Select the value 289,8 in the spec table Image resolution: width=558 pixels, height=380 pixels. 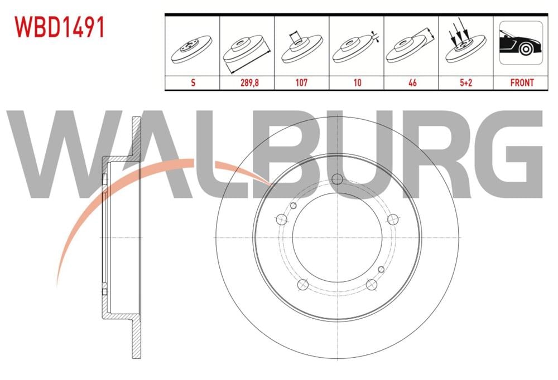[248, 82]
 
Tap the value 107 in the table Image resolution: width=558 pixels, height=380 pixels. [302, 82]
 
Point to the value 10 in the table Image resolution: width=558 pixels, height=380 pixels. [357, 82]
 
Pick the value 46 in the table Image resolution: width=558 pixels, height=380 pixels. [412, 82]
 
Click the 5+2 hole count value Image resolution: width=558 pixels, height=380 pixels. [466, 82]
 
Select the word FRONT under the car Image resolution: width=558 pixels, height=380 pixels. [522, 82]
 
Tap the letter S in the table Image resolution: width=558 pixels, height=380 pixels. [193, 82]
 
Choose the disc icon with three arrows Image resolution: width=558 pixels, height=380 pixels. [466, 45]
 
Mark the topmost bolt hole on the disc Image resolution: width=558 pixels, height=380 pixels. [336, 179]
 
